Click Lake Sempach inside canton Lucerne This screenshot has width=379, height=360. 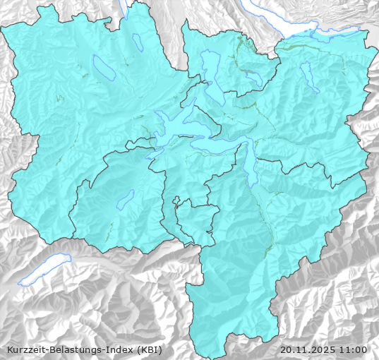[104, 67]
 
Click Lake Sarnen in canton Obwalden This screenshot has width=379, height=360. [126, 198]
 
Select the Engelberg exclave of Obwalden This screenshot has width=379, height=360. [193, 219]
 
